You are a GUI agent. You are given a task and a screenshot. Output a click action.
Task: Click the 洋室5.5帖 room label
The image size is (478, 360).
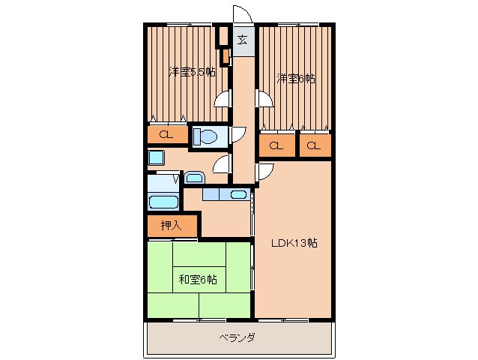tap(193, 72)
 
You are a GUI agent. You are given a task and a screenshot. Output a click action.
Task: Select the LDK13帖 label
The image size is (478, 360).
tap(294, 242)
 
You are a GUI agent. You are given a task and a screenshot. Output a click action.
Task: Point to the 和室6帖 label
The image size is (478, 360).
tap(198, 280)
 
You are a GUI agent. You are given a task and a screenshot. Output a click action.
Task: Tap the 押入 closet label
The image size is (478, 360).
tap(172, 225)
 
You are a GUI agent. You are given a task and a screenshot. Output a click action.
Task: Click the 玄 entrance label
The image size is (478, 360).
tap(243, 40)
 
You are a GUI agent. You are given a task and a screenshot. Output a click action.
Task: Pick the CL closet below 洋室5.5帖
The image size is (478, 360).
tap(166, 135)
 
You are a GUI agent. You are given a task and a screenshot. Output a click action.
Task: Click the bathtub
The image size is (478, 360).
tap(163, 200)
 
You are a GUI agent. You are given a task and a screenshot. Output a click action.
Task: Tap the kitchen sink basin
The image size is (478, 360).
tap(238, 195)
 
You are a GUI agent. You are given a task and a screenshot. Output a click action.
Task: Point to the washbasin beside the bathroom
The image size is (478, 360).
tap(194, 178)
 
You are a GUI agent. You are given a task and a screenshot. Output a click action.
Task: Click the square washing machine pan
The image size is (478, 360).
tap(156, 157)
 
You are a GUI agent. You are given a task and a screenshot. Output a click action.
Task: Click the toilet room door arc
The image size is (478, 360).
tap(237, 135)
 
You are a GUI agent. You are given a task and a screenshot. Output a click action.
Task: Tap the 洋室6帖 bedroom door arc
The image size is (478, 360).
tap(264, 98)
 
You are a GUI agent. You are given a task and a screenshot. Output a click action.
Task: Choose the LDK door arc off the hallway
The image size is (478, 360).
tap(264, 172)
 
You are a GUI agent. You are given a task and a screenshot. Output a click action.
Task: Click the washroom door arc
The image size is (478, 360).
tap(221, 164)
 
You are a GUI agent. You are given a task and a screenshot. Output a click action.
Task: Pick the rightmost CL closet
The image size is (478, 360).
tap(315, 145)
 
